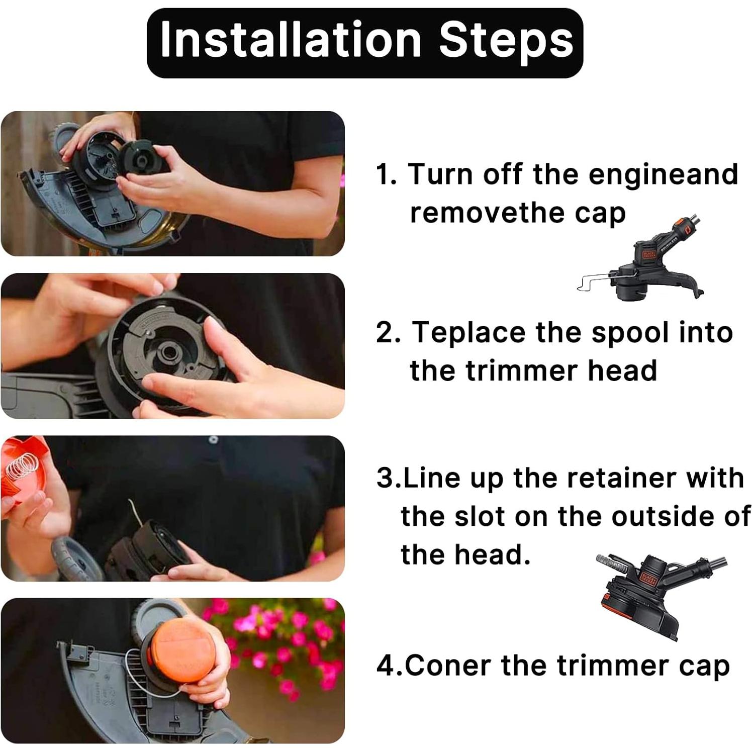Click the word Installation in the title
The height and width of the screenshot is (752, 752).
pos(291,40)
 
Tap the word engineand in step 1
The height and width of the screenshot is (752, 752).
pos(663,174)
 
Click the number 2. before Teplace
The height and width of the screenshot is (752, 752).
pos(388,333)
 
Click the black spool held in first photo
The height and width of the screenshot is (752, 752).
pos(139,160)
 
